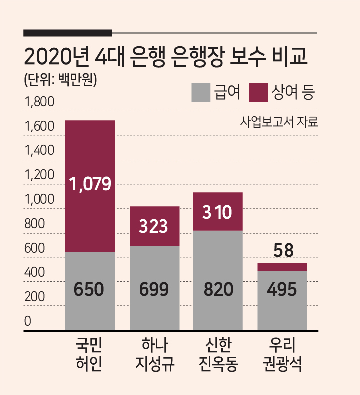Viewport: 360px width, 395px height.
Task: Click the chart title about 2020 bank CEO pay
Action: [166, 57]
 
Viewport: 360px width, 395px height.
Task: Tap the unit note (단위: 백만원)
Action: [60, 80]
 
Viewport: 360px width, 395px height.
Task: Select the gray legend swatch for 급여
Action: [201, 92]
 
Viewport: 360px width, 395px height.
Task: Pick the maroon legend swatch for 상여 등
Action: [258, 92]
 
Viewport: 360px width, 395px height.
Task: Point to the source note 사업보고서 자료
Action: [279, 122]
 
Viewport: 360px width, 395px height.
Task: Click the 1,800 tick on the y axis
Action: [39, 102]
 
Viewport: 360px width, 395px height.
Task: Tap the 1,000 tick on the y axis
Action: [39, 199]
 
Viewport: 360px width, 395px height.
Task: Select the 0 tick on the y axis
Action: [28, 321]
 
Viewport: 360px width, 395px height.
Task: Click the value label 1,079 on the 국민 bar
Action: [90, 184]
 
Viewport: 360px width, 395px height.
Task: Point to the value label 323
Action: [153, 226]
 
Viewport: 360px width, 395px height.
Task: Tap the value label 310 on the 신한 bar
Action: [217, 212]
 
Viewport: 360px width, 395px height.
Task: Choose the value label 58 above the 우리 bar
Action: [283, 250]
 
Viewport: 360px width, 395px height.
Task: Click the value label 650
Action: [89, 289]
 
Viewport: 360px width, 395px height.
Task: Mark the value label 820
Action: [218, 289]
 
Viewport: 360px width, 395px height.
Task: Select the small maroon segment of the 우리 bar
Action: [282, 267]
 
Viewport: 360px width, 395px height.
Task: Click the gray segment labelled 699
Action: [155, 288]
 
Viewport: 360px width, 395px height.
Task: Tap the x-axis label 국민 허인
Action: [89, 354]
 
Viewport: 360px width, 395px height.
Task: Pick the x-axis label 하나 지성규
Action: [155, 354]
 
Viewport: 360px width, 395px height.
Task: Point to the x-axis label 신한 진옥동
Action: [218, 354]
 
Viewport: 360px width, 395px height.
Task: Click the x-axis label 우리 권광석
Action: [282, 354]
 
